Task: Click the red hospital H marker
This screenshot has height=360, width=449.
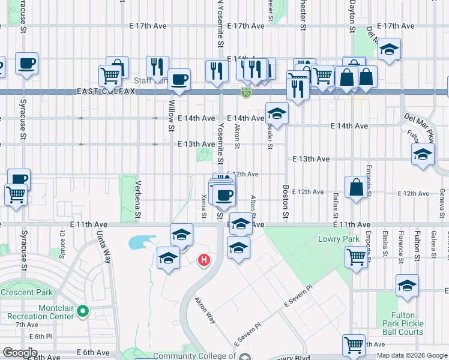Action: pyautogui.click(x=204, y=260)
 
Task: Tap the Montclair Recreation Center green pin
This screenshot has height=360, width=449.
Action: pyautogui.click(x=83, y=311)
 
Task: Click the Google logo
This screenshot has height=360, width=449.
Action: pyautogui.click(x=20, y=353)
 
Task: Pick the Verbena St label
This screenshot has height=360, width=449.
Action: pyautogui.click(x=137, y=199)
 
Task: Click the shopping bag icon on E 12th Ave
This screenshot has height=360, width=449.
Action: pyautogui.click(x=356, y=187)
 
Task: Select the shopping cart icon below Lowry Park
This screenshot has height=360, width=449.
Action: pyautogui.click(x=357, y=257)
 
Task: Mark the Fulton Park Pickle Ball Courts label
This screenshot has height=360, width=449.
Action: pyautogui.click(x=403, y=323)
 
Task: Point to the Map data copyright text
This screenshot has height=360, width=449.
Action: pyautogui.click(x=412, y=356)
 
